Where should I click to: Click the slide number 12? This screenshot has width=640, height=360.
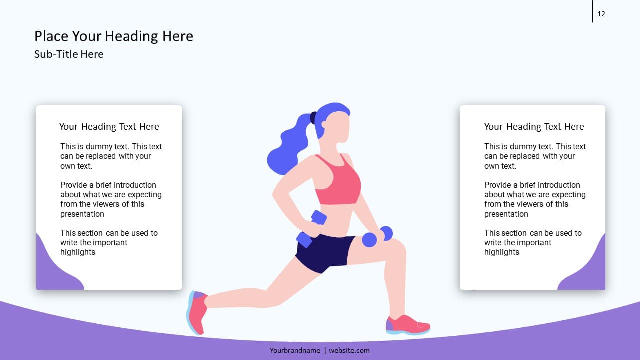click(x=601, y=14)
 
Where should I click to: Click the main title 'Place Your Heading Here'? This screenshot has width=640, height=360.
click(x=113, y=36)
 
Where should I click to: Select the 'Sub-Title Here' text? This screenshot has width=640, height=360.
click(x=69, y=54)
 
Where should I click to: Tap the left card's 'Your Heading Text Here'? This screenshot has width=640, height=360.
click(x=109, y=127)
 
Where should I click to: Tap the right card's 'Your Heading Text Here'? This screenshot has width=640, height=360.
click(x=534, y=127)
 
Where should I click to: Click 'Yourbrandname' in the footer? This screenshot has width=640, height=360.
click(x=295, y=351)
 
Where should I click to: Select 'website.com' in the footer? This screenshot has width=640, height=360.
click(x=349, y=351)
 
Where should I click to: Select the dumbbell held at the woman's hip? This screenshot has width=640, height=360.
click(x=311, y=228)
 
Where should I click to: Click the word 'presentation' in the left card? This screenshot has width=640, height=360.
click(x=82, y=214)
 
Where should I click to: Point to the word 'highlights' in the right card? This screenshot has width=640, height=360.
click(x=502, y=252)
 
